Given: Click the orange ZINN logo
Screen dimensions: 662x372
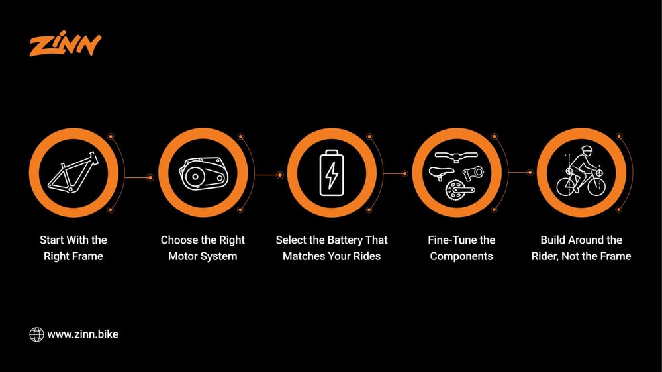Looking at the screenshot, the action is pyautogui.click(x=66, y=44).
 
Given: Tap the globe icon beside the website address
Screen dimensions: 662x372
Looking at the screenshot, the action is pyautogui.click(x=36, y=334).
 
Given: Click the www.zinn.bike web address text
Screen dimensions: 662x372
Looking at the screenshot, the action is pyautogui.click(x=83, y=334).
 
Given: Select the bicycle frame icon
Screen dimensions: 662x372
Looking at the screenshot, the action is pyautogui.click(x=73, y=172).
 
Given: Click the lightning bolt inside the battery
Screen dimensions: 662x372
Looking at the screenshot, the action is pyautogui.click(x=332, y=174).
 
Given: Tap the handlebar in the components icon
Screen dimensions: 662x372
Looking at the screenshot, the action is pyautogui.click(x=456, y=157).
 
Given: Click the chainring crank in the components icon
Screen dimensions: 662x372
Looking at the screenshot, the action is pyautogui.click(x=459, y=189).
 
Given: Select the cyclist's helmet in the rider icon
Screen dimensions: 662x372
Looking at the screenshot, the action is pyautogui.click(x=587, y=150).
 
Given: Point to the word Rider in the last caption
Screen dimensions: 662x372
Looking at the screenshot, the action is pyautogui.click(x=545, y=257).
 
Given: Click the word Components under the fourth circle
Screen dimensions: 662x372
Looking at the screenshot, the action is pyautogui.click(x=461, y=257).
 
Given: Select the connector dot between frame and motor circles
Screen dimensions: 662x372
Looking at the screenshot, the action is pyautogui.click(x=150, y=178).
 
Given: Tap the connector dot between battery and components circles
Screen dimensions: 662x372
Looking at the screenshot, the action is pyautogui.click(x=404, y=173).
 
